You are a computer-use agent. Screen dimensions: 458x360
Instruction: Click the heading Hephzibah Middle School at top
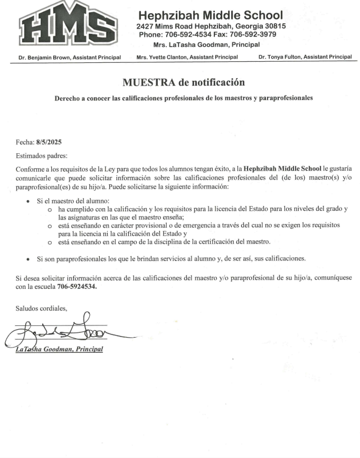(x=211, y=15)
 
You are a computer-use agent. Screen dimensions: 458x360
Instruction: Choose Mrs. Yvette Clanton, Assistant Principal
(x=187, y=57)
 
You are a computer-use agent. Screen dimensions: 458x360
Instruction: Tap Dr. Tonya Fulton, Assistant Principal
(x=305, y=57)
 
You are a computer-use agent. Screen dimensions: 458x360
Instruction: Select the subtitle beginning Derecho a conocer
(x=184, y=98)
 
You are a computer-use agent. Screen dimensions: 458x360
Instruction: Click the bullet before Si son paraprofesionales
(x=28, y=259)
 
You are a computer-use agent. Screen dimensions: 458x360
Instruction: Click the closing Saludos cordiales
(x=41, y=308)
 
